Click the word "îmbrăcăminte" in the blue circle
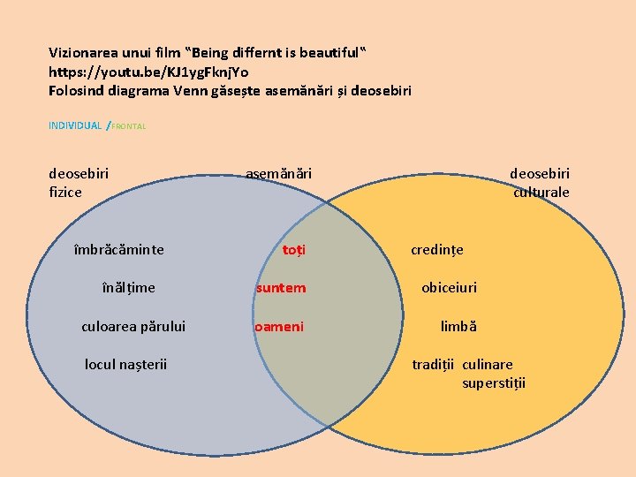click(x=119, y=250)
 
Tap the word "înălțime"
click(x=127, y=288)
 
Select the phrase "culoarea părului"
click(x=133, y=327)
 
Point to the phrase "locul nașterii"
click(x=125, y=364)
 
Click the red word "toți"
click(x=294, y=250)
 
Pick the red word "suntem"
click(x=281, y=288)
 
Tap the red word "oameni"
click(x=279, y=327)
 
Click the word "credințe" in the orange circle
click(x=437, y=250)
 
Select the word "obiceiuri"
click(x=449, y=288)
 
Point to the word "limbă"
click(x=458, y=327)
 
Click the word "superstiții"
click(x=494, y=383)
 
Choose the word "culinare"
click(x=488, y=364)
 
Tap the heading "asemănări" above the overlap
click(x=278, y=174)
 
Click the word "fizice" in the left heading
click(x=65, y=192)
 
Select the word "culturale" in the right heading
click(x=541, y=193)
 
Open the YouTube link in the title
click(x=148, y=72)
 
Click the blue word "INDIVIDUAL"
click(x=75, y=125)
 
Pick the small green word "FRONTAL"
click(x=129, y=126)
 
